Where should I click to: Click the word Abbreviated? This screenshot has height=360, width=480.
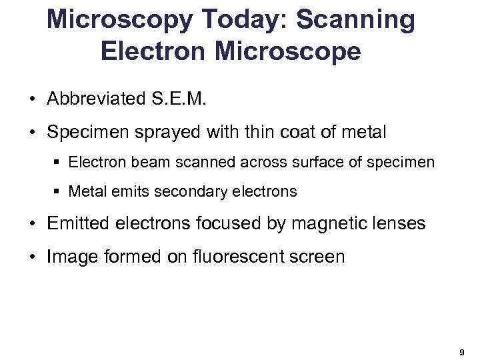94,99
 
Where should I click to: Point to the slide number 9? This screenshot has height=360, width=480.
462,351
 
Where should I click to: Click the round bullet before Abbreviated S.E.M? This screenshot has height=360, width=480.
32,100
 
